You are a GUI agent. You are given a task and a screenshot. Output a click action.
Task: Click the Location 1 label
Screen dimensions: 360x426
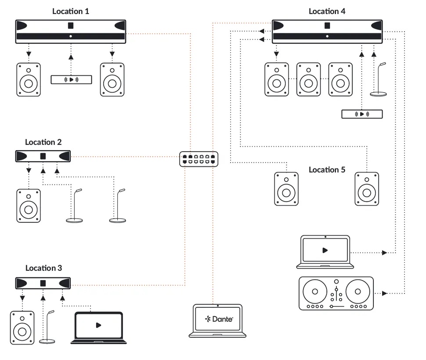point(70,11)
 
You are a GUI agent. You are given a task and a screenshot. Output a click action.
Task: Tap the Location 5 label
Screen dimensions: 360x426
point(327,169)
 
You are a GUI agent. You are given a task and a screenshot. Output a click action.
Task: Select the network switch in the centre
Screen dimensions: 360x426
point(199,158)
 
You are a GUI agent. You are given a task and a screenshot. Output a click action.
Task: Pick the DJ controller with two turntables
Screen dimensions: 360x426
point(336,293)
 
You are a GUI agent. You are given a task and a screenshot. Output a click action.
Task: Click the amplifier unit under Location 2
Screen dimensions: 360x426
point(43,156)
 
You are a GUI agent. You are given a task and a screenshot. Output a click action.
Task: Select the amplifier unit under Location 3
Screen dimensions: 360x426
point(43,283)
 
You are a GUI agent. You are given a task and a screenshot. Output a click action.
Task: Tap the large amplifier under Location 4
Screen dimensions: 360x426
point(327,31)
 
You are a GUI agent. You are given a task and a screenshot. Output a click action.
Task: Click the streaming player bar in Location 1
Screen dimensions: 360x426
point(71,79)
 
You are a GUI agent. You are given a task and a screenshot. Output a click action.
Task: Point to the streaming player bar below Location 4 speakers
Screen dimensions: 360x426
point(362,114)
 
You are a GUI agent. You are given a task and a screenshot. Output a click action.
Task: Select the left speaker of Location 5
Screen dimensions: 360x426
point(286,189)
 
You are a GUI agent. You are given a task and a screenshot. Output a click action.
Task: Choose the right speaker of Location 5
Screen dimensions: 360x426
point(367,189)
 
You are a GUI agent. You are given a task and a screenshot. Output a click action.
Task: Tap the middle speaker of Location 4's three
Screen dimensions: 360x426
point(308,79)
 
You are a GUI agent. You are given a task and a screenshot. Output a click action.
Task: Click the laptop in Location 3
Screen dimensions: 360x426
point(98,327)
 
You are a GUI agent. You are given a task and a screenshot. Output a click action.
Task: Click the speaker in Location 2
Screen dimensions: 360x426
point(29,205)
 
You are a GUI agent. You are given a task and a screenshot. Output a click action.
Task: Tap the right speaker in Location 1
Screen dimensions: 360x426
point(112,79)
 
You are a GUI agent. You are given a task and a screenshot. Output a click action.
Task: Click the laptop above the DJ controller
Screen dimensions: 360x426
point(325,252)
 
